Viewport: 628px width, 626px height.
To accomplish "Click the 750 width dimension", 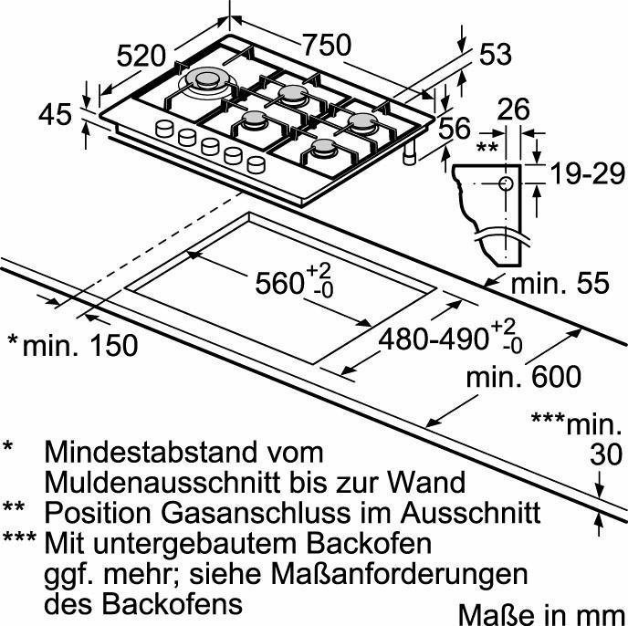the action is point(327,45).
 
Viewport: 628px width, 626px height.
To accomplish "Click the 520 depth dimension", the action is point(141,56).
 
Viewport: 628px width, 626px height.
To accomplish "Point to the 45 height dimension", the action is point(56,114).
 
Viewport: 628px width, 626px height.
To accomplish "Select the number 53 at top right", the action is point(496,54).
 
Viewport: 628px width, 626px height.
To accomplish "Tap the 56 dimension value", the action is point(455,128).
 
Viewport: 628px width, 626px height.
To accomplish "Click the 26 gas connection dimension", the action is point(514,109).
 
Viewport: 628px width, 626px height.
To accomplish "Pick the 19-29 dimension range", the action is point(588,173).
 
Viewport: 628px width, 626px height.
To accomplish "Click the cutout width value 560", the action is point(279,284).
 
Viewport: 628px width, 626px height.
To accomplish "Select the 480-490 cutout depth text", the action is point(434,339).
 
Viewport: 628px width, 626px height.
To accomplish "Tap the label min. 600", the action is point(523,377).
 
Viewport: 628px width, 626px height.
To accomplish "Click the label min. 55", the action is point(560,283).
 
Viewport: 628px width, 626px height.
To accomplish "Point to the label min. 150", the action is point(80,346).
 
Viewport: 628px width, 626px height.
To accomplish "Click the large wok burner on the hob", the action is point(207,82).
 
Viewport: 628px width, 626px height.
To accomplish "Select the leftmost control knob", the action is point(164,129).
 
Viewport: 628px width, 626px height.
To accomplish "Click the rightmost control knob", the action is point(256,164).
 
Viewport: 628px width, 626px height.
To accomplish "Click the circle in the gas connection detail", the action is point(506,183).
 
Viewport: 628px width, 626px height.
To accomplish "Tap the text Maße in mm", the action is point(542,614).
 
